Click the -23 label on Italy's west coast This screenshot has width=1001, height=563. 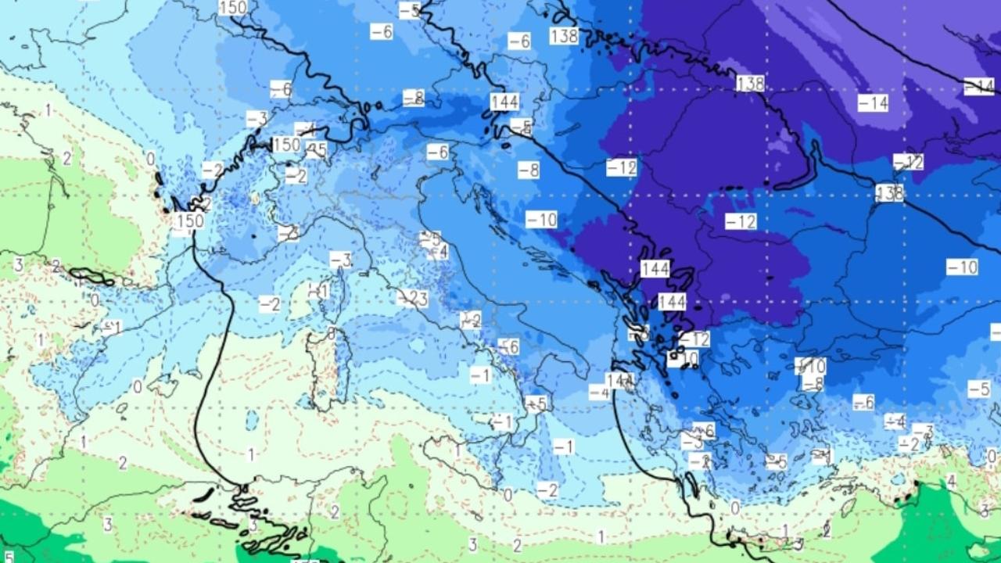click(414, 298)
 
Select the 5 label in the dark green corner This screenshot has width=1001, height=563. click(8, 556)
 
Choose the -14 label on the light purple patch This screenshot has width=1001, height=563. click(873, 102)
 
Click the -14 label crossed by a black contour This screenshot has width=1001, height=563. click(978, 87)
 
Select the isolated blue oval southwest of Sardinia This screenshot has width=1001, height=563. click(252, 420)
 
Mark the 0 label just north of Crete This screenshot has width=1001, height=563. click(735, 507)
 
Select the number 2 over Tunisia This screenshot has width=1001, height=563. click(335, 512)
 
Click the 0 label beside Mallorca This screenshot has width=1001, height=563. click(138, 386)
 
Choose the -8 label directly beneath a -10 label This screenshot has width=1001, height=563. click(813, 383)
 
